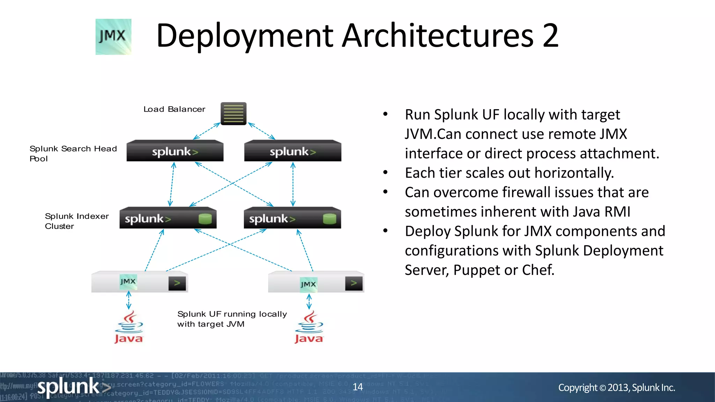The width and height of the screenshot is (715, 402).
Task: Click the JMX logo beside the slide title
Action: tap(113, 37)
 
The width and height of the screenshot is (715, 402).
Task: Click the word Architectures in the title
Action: tap(437, 36)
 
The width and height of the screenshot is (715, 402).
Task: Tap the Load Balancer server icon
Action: tap(234, 113)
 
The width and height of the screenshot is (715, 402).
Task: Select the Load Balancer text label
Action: tap(174, 109)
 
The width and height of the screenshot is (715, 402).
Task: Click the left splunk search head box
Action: tap(175, 151)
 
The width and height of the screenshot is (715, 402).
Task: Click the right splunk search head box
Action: tap(293, 151)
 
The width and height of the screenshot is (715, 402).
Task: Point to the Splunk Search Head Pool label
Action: tap(73, 154)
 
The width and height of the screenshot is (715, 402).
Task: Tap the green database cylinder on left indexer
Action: tap(205, 219)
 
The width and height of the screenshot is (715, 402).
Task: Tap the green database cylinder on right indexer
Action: tap(329, 219)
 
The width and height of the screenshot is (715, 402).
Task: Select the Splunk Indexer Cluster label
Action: tap(76, 221)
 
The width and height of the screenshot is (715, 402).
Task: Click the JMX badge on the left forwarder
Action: tap(128, 282)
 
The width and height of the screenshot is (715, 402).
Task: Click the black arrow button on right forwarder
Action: tap(354, 283)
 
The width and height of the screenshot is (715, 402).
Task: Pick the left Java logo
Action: tap(129, 328)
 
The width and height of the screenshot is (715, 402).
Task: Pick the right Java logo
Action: tap(309, 328)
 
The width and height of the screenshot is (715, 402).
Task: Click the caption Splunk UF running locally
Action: tap(232, 314)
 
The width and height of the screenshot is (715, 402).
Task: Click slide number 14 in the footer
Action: tap(357, 387)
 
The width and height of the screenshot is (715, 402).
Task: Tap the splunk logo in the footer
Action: tap(73, 387)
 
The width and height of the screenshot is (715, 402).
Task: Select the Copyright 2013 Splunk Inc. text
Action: tap(616, 387)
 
